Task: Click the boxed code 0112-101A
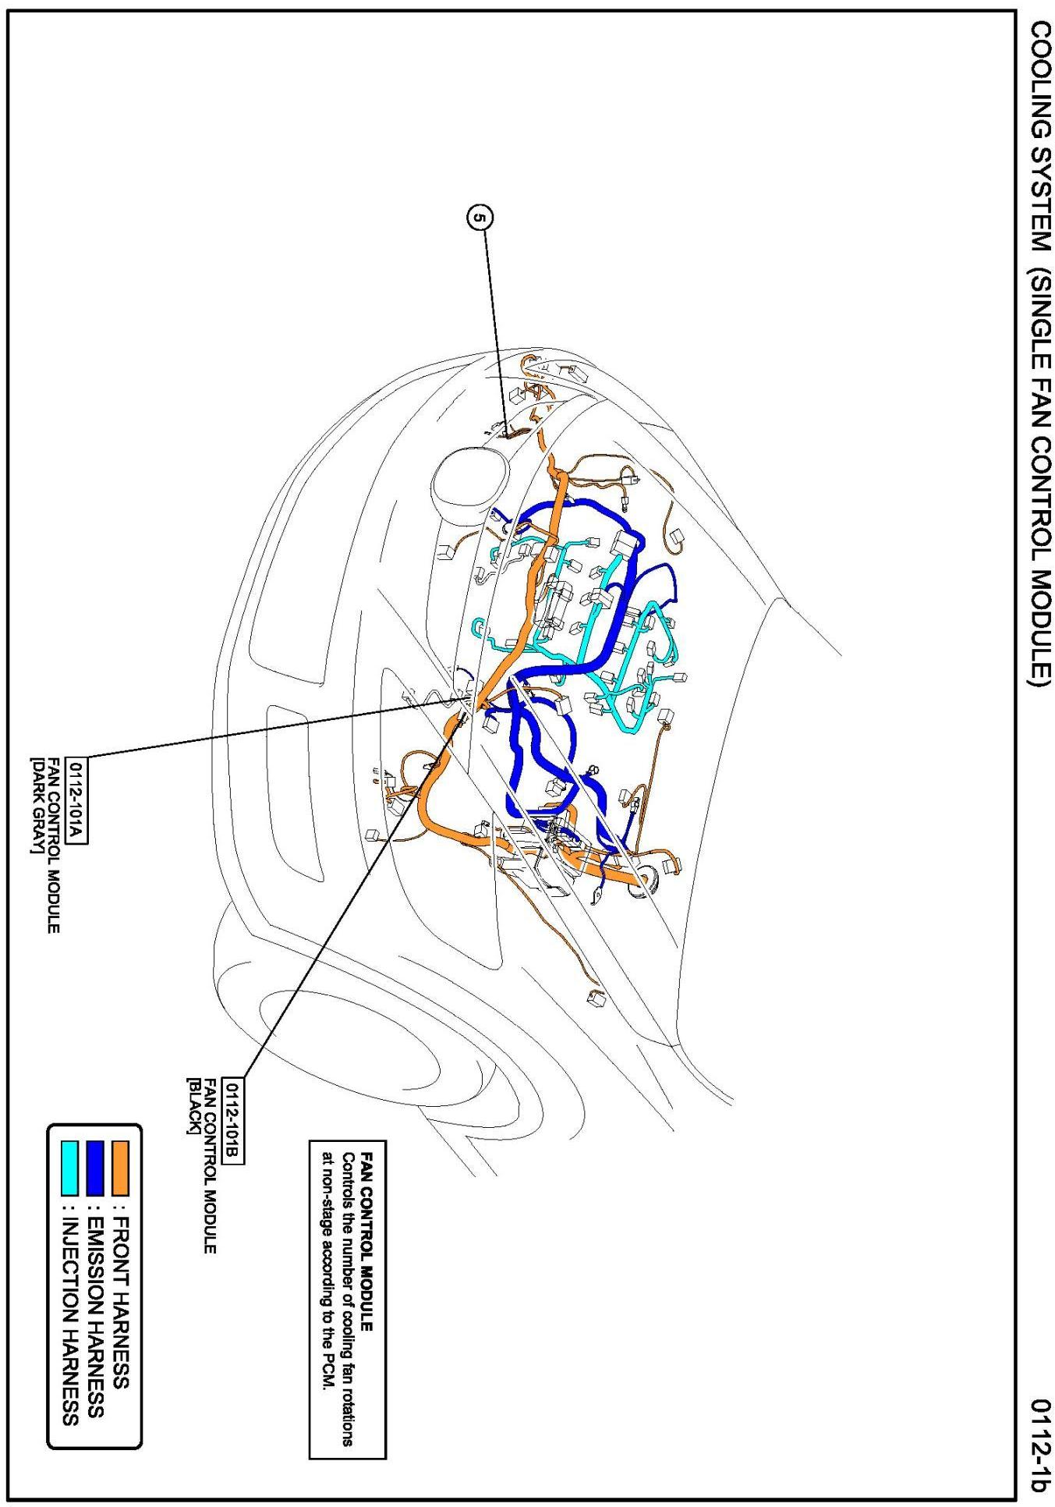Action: tap(77, 800)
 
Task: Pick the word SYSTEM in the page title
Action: tap(1038, 206)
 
